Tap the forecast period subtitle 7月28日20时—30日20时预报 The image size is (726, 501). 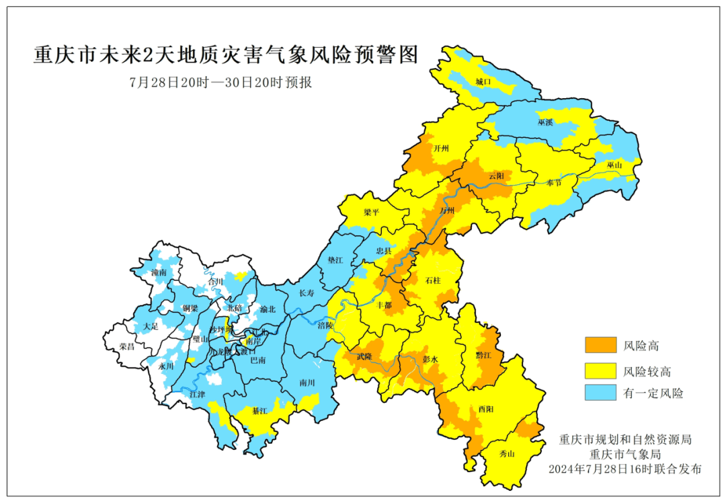pos(221,83)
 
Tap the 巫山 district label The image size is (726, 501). pos(614,165)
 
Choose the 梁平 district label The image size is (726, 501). pos(371,212)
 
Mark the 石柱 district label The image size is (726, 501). pos(434,279)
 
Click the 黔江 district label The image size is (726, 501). pos(483,354)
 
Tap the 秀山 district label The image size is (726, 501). pos(506,454)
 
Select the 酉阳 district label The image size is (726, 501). pos(485,409)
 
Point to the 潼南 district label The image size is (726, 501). pos(159,273)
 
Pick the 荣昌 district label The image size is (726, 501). pos(126,346)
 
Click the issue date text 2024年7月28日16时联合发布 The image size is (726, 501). pos(624,468)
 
